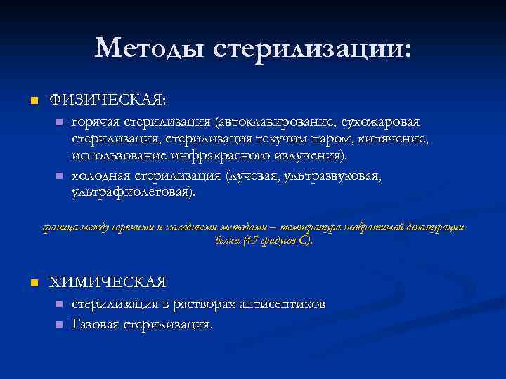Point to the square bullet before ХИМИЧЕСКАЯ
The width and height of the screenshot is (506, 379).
coord(32,283)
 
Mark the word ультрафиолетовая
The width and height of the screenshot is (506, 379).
coord(132,192)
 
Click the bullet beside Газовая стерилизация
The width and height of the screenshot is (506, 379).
coord(59,326)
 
